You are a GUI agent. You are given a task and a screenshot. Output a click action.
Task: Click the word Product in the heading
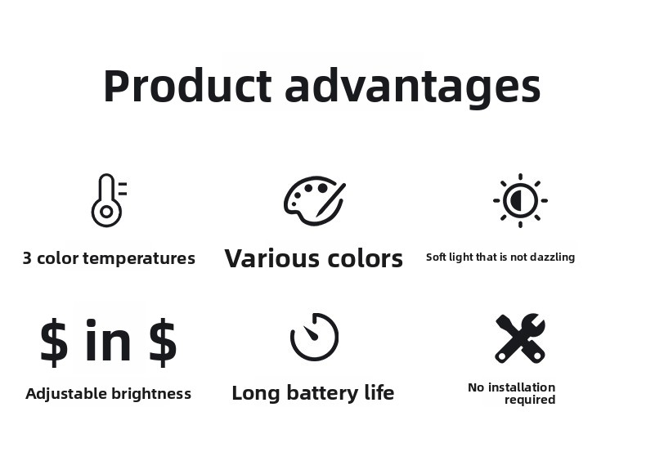188,85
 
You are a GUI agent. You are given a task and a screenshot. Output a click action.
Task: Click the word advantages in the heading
413,88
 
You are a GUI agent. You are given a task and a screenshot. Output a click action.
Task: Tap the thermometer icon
109,200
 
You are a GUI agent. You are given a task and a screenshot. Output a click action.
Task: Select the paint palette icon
315,200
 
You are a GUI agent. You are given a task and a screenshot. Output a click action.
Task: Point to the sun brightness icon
520,200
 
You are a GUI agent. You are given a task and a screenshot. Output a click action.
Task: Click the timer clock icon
314,337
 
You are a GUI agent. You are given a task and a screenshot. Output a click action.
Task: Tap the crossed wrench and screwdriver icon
520,338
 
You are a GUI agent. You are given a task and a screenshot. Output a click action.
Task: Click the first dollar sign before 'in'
54,342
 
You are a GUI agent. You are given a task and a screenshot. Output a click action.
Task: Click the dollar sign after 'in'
163,342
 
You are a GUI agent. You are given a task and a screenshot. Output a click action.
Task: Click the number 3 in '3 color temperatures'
27,258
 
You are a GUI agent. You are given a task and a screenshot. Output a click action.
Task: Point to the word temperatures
139,258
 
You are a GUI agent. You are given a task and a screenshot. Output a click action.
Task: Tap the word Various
272,258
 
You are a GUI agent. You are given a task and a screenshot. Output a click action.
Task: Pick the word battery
323,393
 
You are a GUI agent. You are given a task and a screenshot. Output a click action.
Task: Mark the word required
530,401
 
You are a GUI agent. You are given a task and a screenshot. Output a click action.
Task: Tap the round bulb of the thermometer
106,212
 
